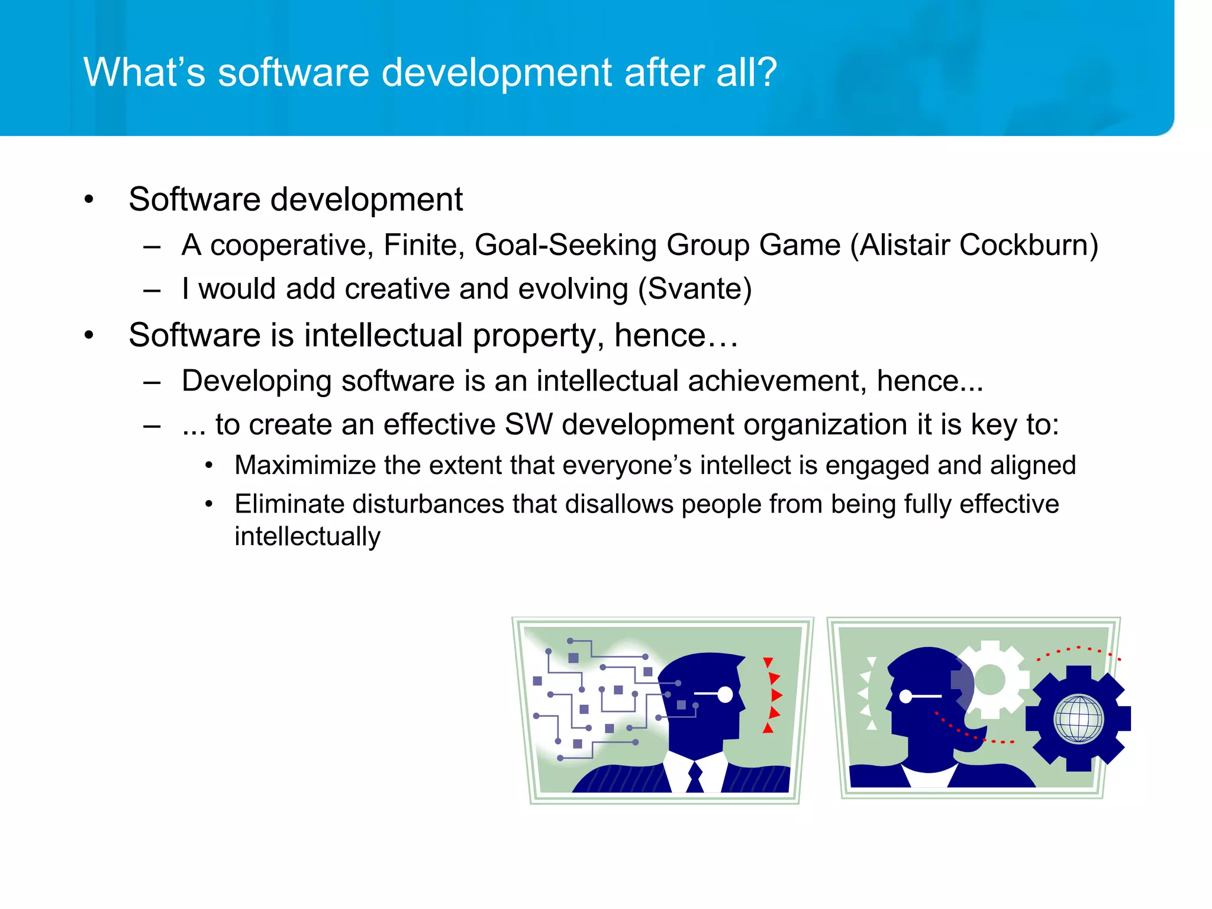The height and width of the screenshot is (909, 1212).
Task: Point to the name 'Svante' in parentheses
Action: tap(694, 289)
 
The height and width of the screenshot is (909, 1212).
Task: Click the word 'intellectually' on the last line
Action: tap(307, 537)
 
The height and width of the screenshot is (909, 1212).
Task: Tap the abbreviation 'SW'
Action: tap(528, 424)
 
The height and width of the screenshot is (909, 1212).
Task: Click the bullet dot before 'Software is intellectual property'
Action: tap(89, 336)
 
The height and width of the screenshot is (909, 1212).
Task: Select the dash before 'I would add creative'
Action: tap(152, 290)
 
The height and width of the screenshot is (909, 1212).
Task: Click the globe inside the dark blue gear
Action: tap(1078, 719)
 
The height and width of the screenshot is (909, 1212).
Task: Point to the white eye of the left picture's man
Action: tap(724, 694)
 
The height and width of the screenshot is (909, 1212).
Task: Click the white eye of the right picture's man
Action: tap(905, 697)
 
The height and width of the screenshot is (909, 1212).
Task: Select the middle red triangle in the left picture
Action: tap(776, 695)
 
